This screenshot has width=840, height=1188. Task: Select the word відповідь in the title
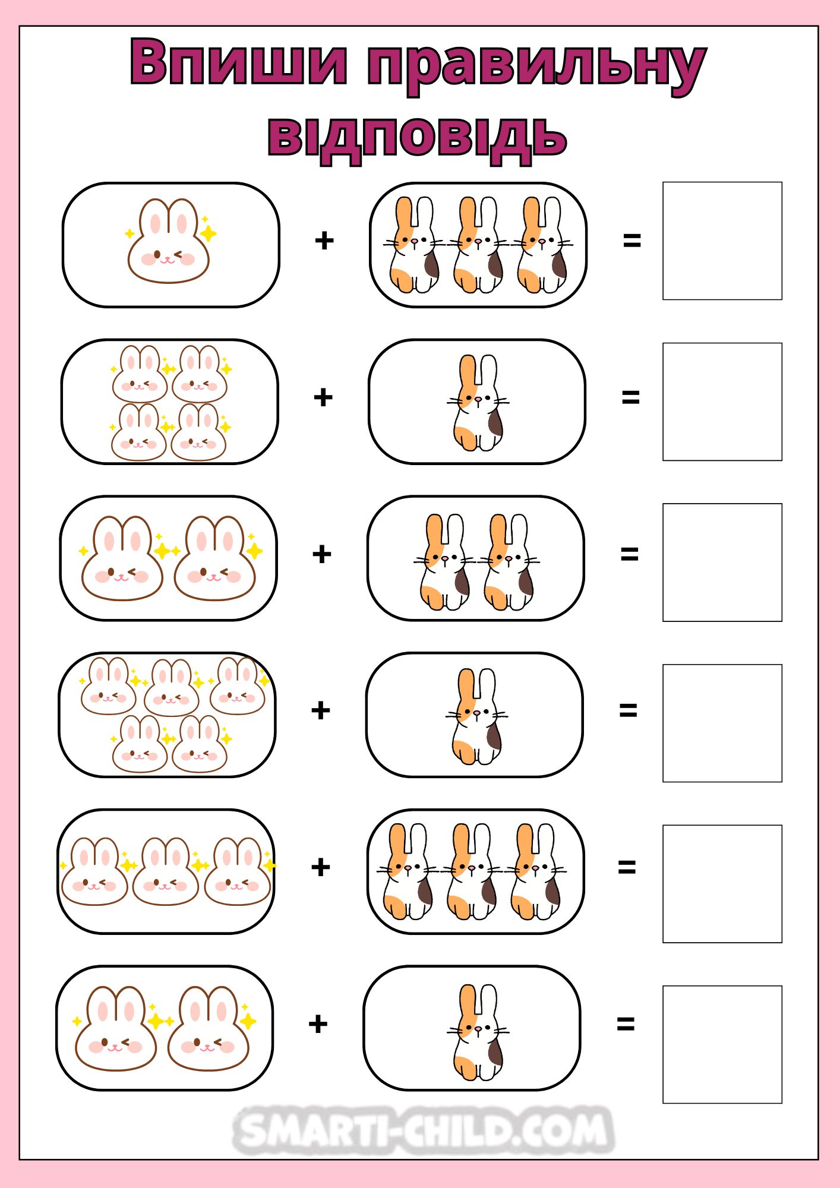point(418,138)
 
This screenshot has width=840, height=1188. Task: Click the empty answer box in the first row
point(722,241)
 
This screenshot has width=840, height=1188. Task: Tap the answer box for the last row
point(722,1044)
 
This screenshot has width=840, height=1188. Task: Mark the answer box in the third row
point(722,563)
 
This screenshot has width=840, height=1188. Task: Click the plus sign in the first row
point(324,241)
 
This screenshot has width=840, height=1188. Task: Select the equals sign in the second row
point(630,397)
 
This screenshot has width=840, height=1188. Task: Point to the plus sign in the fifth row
point(321,867)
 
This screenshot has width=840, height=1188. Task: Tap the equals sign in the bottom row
point(626,1023)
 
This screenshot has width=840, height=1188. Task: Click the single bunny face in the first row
point(169,241)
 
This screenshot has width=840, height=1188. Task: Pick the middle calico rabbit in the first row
point(478,245)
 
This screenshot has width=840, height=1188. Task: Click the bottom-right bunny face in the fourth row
point(200,744)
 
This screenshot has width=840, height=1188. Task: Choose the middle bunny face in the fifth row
point(166,871)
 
